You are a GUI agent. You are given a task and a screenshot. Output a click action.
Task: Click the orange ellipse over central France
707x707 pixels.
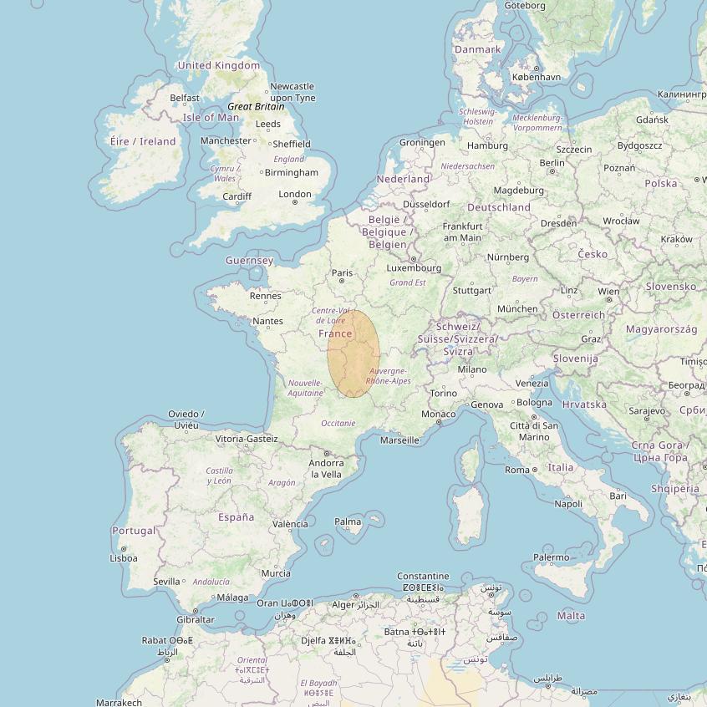point(353,353)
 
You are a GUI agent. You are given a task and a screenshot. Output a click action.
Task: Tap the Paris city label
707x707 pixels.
point(342,272)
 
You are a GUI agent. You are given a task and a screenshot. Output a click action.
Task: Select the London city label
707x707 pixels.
point(295,194)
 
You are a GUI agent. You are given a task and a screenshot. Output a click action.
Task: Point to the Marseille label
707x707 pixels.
point(399,440)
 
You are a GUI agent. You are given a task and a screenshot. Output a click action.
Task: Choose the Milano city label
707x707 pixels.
point(471,369)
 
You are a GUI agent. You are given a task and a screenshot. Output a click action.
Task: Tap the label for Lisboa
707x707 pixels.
point(124,557)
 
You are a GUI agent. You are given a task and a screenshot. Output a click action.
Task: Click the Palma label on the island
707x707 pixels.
point(348,521)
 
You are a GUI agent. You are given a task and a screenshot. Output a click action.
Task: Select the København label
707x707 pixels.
point(536,77)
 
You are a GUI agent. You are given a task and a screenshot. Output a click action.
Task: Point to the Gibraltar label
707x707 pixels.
point(195,619)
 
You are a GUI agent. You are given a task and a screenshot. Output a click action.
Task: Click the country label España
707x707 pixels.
point(236,516)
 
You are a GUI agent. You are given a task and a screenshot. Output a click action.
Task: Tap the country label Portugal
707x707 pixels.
point(134,531)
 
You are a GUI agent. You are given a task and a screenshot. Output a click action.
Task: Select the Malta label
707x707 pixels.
point(571,616)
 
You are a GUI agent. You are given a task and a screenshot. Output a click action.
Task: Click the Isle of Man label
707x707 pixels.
point(211,117)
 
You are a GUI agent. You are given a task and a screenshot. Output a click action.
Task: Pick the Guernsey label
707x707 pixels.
point(249,260)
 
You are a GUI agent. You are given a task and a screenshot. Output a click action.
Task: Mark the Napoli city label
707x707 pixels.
point(568,503)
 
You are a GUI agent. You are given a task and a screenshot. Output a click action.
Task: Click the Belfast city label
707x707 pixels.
point(185,98)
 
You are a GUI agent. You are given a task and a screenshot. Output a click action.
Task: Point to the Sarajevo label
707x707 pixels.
point(647,410)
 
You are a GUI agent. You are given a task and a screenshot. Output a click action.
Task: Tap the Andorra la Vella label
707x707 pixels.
point(326,468)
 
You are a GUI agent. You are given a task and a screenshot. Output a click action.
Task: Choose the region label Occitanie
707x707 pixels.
point(338,423)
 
